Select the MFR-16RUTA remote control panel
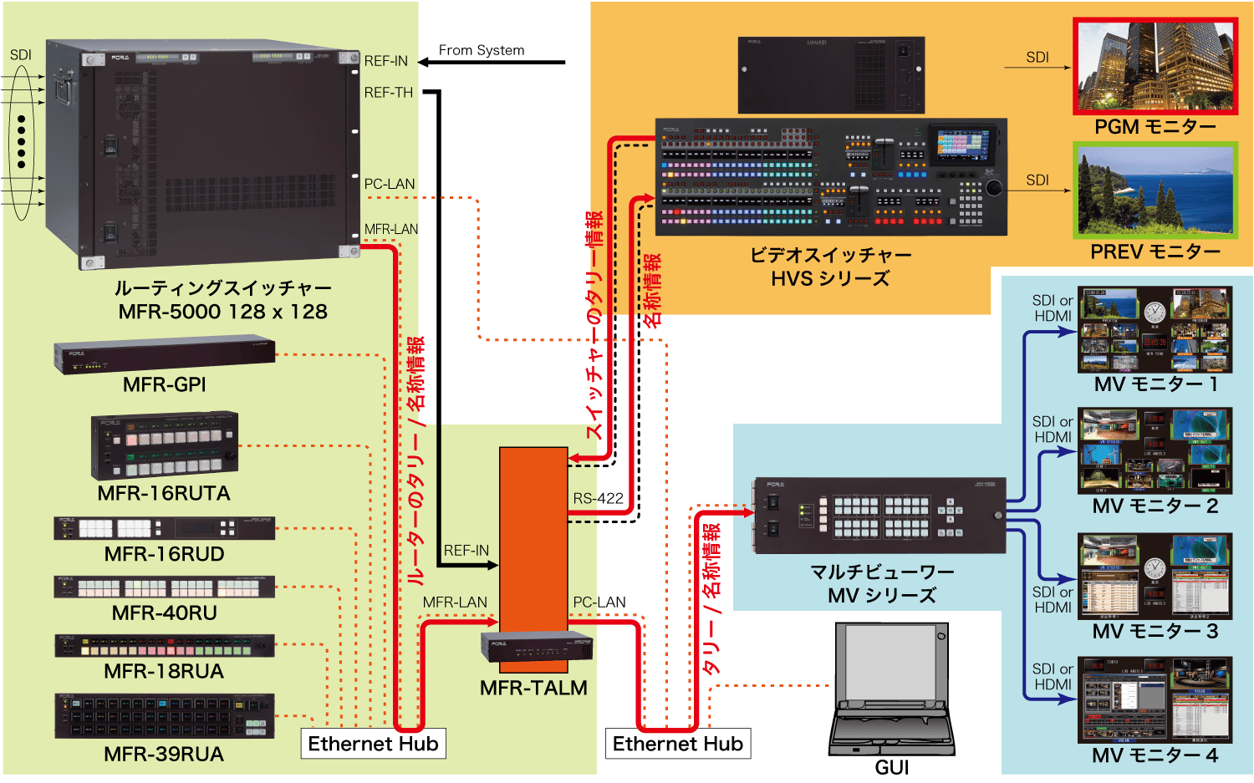point(165,445)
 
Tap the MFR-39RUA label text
point(164,754)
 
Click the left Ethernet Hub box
point(373,744)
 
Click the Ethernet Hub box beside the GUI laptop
point(677,744)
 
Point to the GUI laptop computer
point(892,689)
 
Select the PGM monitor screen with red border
point(1155,65)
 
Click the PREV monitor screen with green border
point(1155,190)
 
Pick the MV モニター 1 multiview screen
point(1155,329)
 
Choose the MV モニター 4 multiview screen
point(1155,699)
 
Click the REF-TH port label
point(388,93)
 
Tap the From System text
point(482,50)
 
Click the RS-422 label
point(598,499)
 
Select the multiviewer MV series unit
point(879,516)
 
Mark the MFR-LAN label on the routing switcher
point(390,229)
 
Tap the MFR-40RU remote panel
point(165,587)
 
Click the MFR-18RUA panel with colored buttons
point(165,645)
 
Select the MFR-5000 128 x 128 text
point(222,312)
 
